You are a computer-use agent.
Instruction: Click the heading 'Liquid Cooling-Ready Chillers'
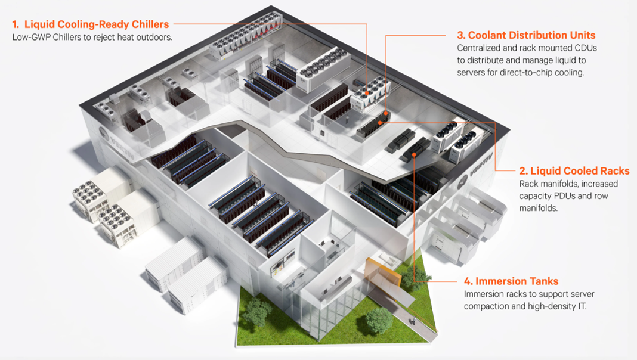97,24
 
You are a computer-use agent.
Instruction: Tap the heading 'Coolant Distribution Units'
532,35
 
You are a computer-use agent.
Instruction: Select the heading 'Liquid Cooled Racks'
580,171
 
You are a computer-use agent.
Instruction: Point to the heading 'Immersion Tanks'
517,281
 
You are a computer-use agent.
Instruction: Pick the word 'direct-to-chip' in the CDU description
526,73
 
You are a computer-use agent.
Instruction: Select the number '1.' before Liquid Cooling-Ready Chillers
16,24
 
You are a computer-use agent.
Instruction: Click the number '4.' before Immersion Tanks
468,281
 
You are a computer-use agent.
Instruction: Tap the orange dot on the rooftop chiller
367,94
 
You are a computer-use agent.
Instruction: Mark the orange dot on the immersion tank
413,154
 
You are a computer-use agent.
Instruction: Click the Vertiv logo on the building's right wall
475,170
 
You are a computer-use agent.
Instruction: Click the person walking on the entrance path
414,321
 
